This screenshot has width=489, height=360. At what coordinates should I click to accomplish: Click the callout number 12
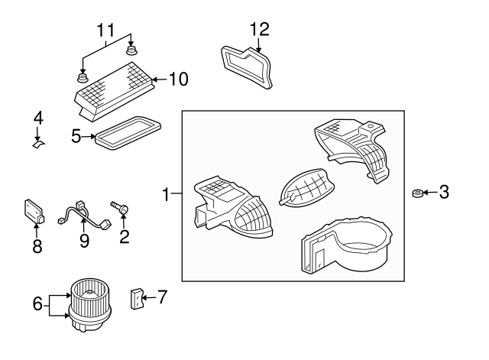coord(260,29)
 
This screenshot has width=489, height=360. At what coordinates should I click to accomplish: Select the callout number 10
coord(179,79)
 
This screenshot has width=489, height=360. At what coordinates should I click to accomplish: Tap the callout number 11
coord(105,31)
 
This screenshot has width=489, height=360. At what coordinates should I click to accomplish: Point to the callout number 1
coord(167,194)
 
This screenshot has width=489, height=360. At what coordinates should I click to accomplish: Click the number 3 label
coord(444,192)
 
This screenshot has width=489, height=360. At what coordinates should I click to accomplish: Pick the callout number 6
coord(37,303)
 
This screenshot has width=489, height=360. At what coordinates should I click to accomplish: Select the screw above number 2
coord(120,207)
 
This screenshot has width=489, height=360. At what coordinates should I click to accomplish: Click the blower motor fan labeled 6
coord(90,305)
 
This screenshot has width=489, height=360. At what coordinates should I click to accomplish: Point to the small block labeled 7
coord(136,299)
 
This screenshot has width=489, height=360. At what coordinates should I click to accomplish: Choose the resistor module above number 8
coord(34,212)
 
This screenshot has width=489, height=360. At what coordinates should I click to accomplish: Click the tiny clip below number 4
coord(39,144)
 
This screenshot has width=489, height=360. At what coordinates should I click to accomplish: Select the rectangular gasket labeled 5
coord(128,133)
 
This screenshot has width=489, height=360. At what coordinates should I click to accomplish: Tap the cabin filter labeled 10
coord(114,91)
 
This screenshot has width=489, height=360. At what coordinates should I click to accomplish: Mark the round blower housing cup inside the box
coord(347,245)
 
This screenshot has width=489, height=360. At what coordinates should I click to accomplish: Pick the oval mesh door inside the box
coord(306,188)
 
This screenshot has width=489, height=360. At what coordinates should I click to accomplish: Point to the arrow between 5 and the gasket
coord(89,136)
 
